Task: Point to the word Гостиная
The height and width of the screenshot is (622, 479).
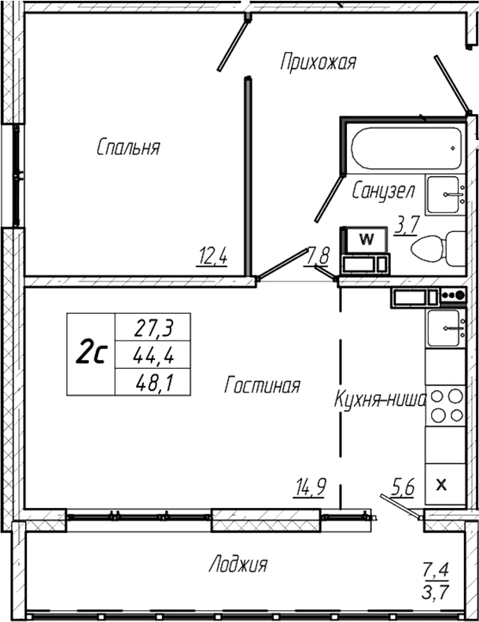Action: (x=263, y=385)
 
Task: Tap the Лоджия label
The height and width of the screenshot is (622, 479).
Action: (x=238, y=564)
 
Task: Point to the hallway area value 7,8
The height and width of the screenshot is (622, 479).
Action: (x=318, y=255)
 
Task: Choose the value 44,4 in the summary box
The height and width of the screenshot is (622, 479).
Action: (x=155, y=355)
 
